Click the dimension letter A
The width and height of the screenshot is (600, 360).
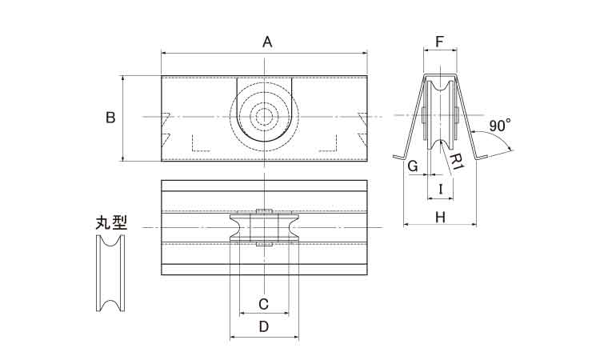click(267, 42)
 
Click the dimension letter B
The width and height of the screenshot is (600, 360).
click(110, 118)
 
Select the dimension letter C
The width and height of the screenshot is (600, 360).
click(263, 304)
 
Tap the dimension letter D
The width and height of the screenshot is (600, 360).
click(264, 326)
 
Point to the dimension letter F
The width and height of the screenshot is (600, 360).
click(440, 42)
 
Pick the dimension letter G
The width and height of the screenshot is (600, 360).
click(413, 166)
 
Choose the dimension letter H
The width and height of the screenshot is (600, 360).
click(441, 218)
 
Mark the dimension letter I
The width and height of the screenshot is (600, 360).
click(441, 190)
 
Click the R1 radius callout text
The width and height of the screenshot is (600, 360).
click(456, 162)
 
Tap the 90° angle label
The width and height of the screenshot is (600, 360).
click(499, 126)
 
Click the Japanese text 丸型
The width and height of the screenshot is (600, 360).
click(111, 222)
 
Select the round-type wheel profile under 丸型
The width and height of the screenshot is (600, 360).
click(110, 273)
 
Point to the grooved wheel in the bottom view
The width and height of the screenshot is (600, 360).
click(264, 228)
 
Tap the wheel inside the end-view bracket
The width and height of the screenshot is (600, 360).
click(441, 114)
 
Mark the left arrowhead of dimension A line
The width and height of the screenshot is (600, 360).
click(164, 53)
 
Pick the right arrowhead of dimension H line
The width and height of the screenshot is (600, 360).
click(474, 225)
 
